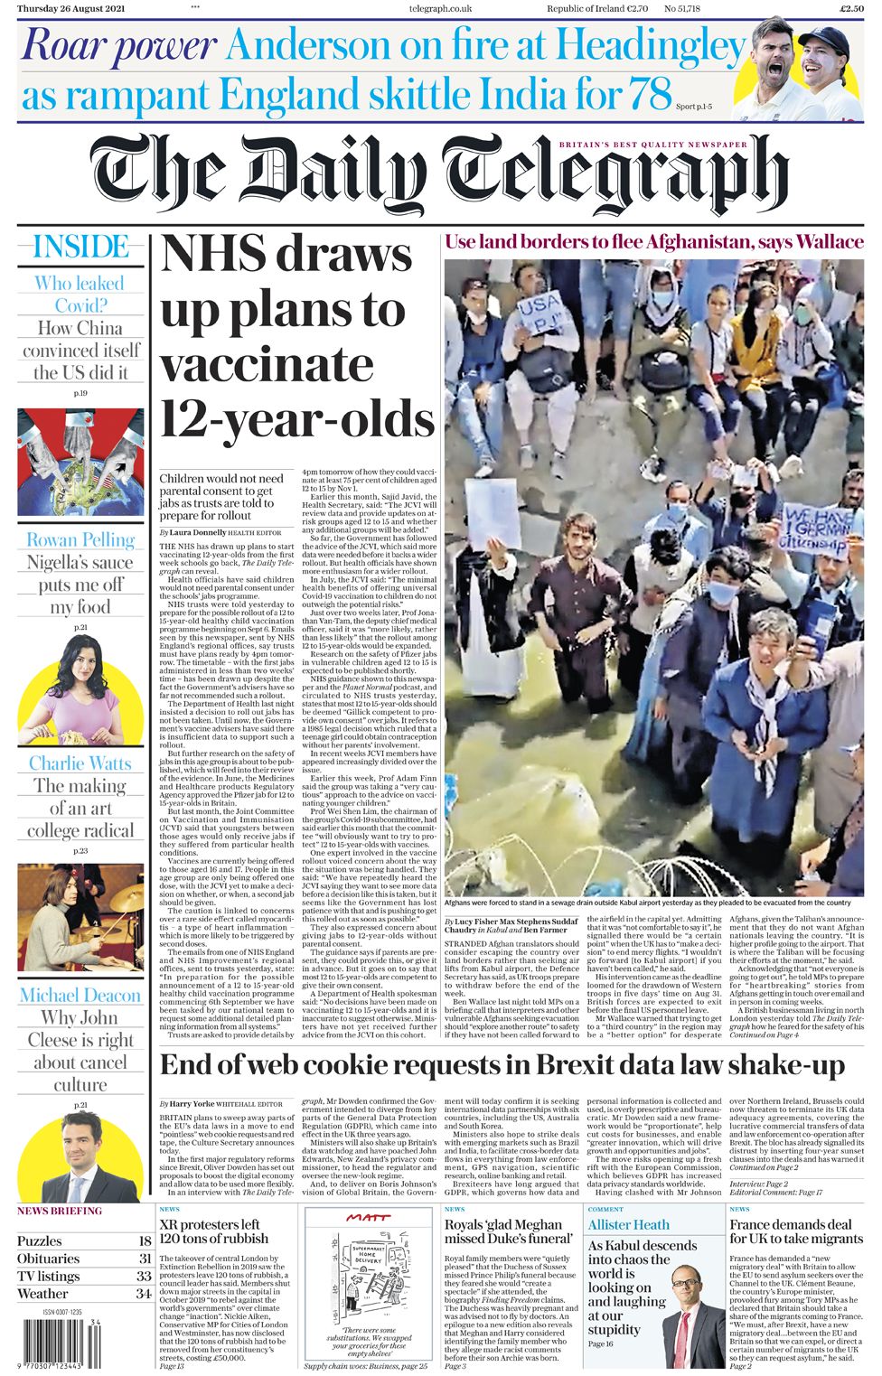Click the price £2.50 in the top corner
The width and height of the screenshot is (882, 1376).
(851, 9)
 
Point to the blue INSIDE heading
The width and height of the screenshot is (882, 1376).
(80, 247)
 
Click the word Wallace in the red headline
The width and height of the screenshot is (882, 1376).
(822, 242)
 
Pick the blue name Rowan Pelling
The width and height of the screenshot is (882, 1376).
(80, 540)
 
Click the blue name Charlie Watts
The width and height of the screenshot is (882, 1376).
(80, 763)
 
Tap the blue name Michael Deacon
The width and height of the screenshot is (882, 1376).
(80, 996)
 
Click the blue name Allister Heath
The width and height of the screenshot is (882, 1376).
(629, 1225)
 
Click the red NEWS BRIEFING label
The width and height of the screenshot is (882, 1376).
(60, 1211)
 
